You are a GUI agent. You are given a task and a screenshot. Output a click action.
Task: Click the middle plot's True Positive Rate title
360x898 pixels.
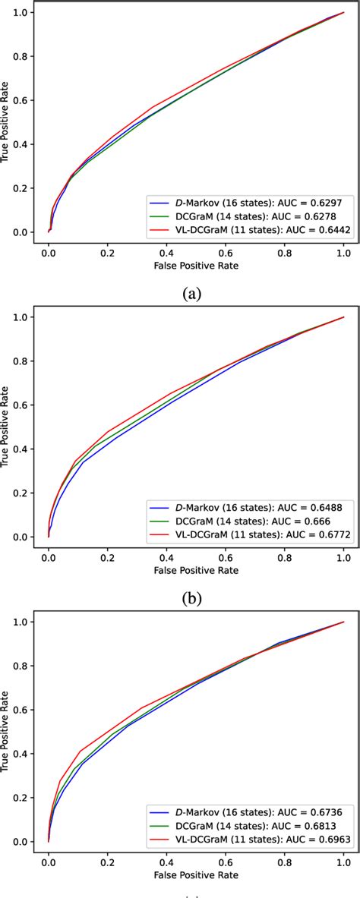[x=6, y=427]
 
